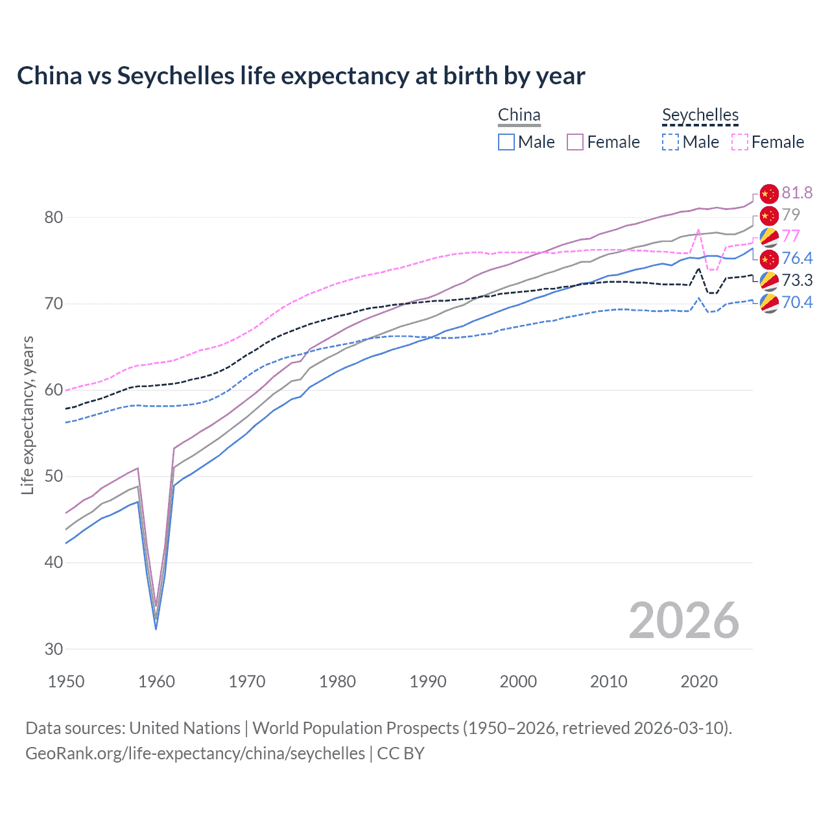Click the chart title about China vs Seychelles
coord(301,76)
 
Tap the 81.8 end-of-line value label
coord(797,193)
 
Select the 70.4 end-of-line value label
coord(797,302)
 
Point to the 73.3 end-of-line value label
coord(797,280)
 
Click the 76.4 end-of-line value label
coord(797,258)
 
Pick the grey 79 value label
coord(790,215)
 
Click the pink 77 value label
coord(790,236)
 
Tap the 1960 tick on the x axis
coord(156,682)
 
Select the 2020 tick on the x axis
coord(699,682)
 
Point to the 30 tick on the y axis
coord(54,649)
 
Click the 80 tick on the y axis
coord(54,217)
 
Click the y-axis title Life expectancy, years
coord(27,415)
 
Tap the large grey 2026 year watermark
coord(683,621)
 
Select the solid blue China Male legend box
coord(506,142)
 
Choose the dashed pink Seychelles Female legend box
coord(740,142)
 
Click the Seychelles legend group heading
coord(700,115)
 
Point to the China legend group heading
coord(519,115)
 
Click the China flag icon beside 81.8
coord(768,193)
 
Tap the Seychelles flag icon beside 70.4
coord(769,303)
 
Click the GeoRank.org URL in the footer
coord(195,753)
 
